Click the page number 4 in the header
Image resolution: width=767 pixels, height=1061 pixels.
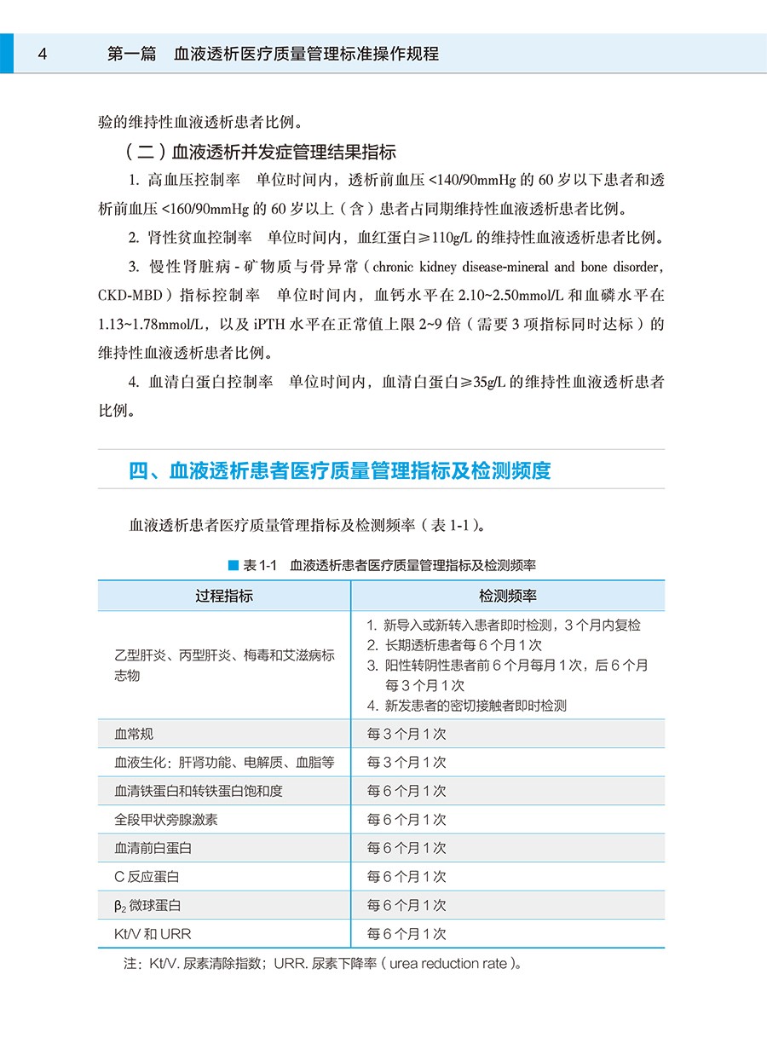click(42, 54)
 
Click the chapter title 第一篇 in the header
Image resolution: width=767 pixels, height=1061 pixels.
click(132, 54)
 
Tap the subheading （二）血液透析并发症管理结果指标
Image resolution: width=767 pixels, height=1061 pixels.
click(260, 153)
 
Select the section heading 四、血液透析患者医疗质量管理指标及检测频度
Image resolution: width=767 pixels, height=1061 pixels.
click(340, 470)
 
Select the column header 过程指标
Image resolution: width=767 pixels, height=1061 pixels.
click(224, 596)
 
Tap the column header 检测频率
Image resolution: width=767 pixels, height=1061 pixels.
click(507, 596)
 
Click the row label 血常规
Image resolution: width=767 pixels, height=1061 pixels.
click(135, 734)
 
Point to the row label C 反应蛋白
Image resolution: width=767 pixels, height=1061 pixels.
click(147, 876)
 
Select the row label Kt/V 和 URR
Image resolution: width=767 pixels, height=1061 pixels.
click(153, 934)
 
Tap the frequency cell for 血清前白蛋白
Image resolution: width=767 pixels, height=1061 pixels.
click(407, 848)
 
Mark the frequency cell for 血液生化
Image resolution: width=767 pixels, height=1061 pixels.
click(407, 762)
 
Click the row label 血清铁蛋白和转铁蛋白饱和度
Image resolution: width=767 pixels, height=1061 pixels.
click(199, 791)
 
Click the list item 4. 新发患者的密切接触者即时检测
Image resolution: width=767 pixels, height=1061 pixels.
click(467, 705)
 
